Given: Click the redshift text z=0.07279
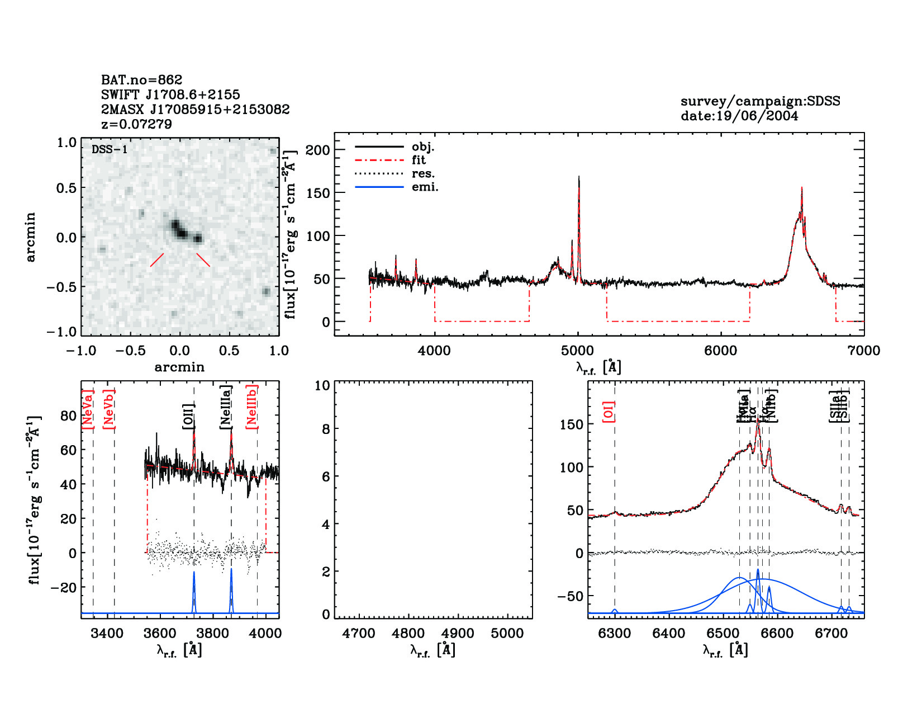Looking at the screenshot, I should [x=136, y=124].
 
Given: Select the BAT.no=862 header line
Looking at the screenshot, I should [x=141, y=80].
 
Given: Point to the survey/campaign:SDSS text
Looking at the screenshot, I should [x=760, y=101].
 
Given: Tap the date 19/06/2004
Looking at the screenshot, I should [x=739, y=116].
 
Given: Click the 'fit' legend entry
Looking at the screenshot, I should [x=419, y=160].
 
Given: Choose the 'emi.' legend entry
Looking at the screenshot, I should [x=425, y=187].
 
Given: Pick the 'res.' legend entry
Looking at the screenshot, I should [x=423, y=174].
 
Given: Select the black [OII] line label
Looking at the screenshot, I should [x=188, y=416].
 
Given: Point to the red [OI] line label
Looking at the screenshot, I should [x=609, y=412].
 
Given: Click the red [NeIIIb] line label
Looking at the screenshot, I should [x=252, y=407].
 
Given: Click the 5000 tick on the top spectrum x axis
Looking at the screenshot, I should [x=578, y=351].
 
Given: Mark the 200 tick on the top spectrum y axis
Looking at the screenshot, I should [x=318, y=150].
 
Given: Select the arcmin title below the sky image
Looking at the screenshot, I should [x=179, y=367].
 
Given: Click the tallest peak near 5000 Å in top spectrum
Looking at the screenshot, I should [x=579, y=178].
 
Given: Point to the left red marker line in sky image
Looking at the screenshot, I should [x=157, y=260].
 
